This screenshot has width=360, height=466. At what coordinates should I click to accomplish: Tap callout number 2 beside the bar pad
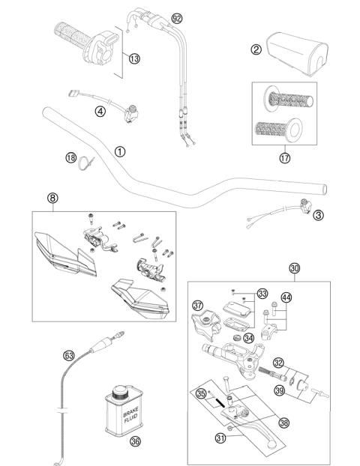click(256, 49)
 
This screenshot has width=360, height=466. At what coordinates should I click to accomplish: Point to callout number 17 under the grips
click(284, 158)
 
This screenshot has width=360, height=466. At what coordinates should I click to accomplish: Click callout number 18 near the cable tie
click(70, 158)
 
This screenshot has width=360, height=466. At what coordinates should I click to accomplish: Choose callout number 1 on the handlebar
click(119, 150)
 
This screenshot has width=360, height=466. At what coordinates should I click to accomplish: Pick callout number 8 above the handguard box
click(52, 199)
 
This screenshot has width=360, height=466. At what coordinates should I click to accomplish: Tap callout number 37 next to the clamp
click(198, 305)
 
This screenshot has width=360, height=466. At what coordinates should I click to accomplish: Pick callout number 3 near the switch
click(318, 215)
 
